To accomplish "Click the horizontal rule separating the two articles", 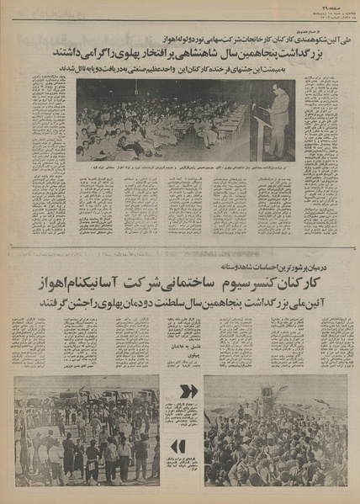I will point(180,248).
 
